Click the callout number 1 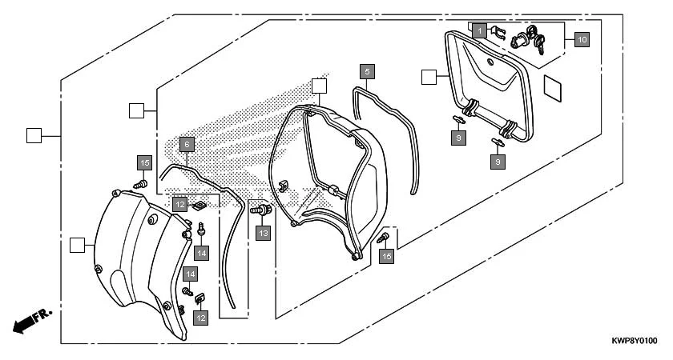[x=478, y=30]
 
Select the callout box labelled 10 [x=581, y=38]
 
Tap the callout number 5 [x=366, y=71]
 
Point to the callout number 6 [x=186, y=144]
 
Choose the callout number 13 [x=263, y=233]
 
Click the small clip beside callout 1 [x=498, y=34]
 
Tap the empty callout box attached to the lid [x=429, y=77]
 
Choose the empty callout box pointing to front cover [x=78, y=244]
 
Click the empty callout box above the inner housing [x=319, y=86]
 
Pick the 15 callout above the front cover [x=143, y=163]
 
